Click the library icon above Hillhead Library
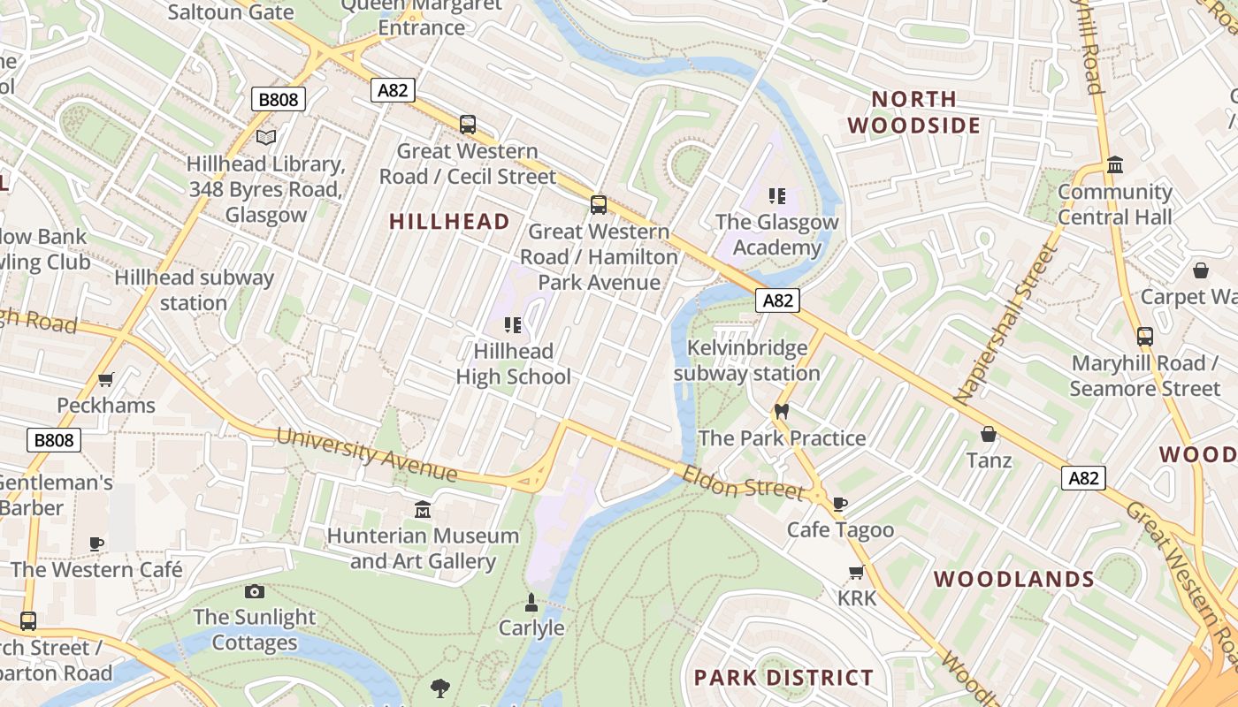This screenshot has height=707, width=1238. coord(266,137)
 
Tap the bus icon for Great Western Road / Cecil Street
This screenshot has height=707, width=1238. coord(468,125)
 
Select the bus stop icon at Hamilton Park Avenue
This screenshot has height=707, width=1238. coord(599,205)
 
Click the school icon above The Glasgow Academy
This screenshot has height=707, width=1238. coord(777,195)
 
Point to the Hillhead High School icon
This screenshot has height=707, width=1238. coord(512,325)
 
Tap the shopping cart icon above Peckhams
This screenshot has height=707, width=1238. coord(106,380)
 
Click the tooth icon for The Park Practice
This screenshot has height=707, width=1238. coord(781,411)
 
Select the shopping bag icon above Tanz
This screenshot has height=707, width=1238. coord(989,434)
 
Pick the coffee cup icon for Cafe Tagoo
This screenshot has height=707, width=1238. coord(840,504)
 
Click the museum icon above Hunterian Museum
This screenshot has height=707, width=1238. coord(423,510)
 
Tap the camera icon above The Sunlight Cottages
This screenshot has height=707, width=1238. coord(255,591)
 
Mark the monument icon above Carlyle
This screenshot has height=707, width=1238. coord(531,603)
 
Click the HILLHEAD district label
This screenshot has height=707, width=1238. coord(450,222)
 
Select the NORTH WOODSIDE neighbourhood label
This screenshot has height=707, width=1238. coord(914,112)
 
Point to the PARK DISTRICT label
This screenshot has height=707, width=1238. coord(783,678)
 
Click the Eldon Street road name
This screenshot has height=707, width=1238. coord(743,483)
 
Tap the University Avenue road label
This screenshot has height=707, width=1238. coord(366,454)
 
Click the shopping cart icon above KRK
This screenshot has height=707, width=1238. coord(856,573)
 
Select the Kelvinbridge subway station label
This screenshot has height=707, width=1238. coord(747,361)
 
